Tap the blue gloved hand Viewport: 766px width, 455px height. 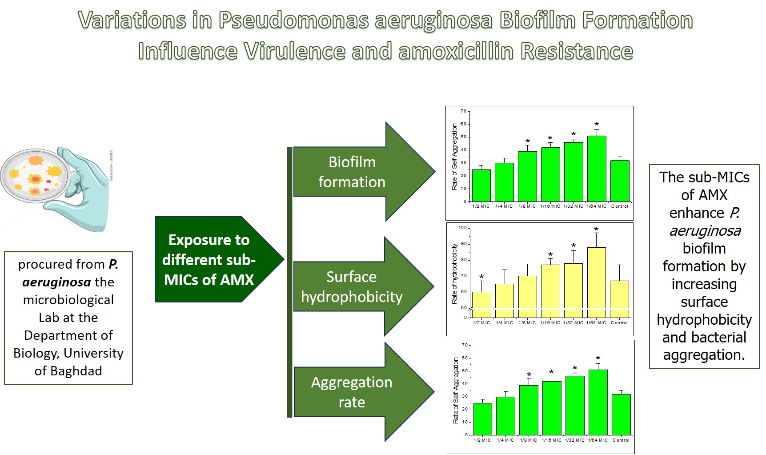[87, 196]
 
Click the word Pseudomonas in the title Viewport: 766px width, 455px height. [293, 20]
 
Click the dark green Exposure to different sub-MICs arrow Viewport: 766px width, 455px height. [213, 260]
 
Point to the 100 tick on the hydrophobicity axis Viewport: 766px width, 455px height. [463, 228]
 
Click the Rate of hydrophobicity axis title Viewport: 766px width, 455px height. [454, 274]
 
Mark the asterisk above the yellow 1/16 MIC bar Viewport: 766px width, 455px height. [550, 255]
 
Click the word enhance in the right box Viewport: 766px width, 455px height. [697, 213]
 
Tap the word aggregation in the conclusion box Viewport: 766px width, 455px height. [704, 355]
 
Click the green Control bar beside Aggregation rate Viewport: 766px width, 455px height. [621, 414]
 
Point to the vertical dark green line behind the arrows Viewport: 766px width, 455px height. [289, 282]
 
